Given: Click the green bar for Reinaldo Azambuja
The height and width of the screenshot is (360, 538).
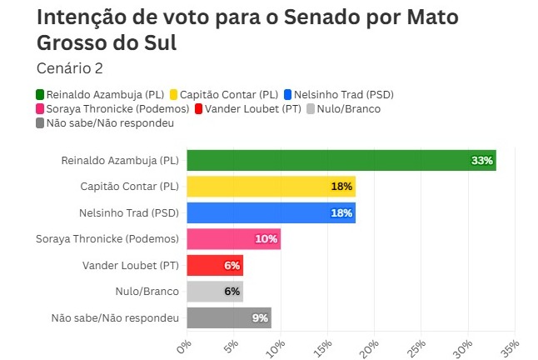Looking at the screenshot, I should (x=333, y=160).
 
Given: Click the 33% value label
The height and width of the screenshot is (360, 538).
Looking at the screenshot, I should (x=482, y=160).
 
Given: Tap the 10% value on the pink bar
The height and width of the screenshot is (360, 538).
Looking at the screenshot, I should (x=267, y=239).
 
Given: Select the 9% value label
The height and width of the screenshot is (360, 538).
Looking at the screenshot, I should (x=260, y=317).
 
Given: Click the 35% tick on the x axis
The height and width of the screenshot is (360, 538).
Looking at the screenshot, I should (x=511, y=344).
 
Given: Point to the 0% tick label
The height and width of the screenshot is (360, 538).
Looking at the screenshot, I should (x=183, y=344).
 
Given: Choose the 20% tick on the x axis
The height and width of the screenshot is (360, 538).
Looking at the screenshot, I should (x=371, y=344).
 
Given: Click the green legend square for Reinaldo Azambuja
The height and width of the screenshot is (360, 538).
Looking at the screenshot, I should (x=41, y=94).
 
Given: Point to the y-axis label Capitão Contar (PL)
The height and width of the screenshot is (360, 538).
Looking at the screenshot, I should (x=129, y=187).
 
